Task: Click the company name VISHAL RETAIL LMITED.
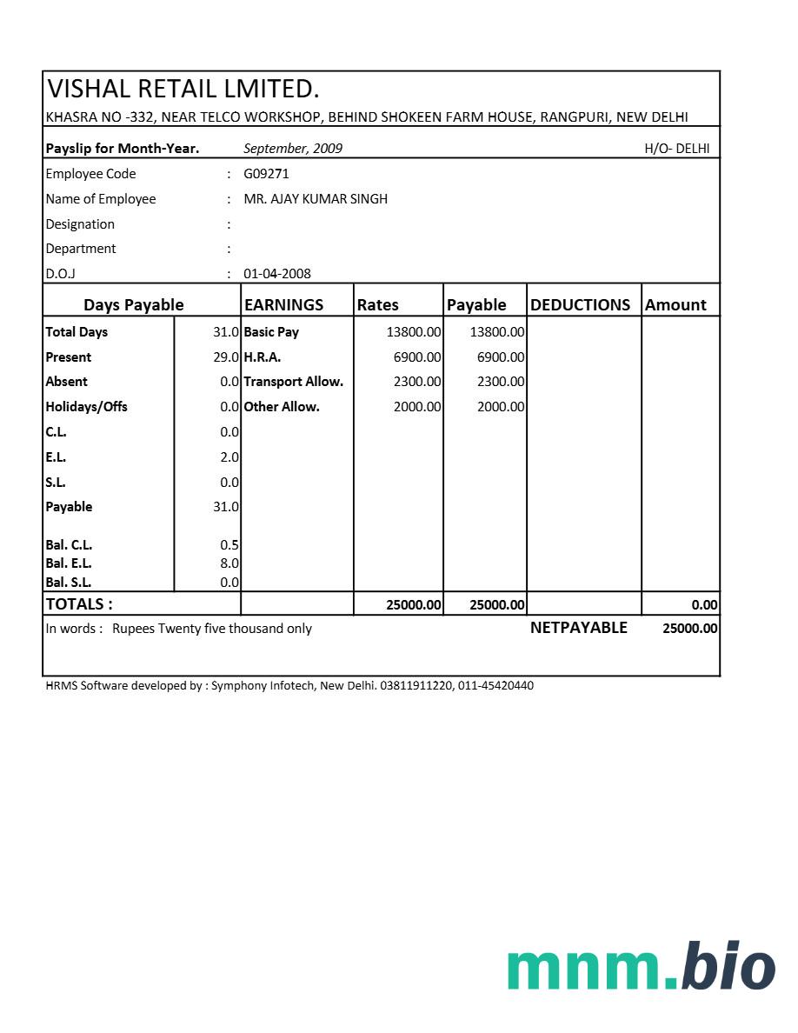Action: tap(183, 89)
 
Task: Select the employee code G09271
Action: tap(266, 174)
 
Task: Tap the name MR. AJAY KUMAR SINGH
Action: tap(316, 199)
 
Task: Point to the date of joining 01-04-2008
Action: tap(277, 274)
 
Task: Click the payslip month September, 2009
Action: tap(293, 149)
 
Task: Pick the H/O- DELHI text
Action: tap(676, 149)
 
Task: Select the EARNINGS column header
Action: tap(283, 305)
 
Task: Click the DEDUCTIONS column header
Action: tap(580, 305)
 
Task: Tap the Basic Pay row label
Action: tap(271, 332)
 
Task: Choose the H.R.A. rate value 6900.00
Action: tap(417, 357)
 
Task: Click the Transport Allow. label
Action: tap(293, 382)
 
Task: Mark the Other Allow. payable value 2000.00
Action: tap(501, 407)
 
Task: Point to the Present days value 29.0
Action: tap(226, 357)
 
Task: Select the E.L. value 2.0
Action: tap(229, 457)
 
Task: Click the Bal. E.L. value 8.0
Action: tap(229, 563)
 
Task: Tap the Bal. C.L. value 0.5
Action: tap(229, 545)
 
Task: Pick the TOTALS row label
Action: tap(79, 604)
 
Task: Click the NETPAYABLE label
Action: tap(578, 628)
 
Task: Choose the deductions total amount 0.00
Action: tap(704, 605)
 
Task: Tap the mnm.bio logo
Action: tap(641, 967)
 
